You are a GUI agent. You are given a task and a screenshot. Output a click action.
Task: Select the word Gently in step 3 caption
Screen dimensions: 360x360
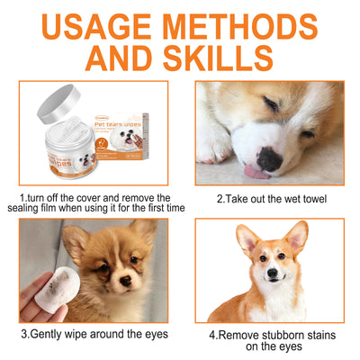[53, 334]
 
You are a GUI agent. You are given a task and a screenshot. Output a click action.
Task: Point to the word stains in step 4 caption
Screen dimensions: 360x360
[319, 334]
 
